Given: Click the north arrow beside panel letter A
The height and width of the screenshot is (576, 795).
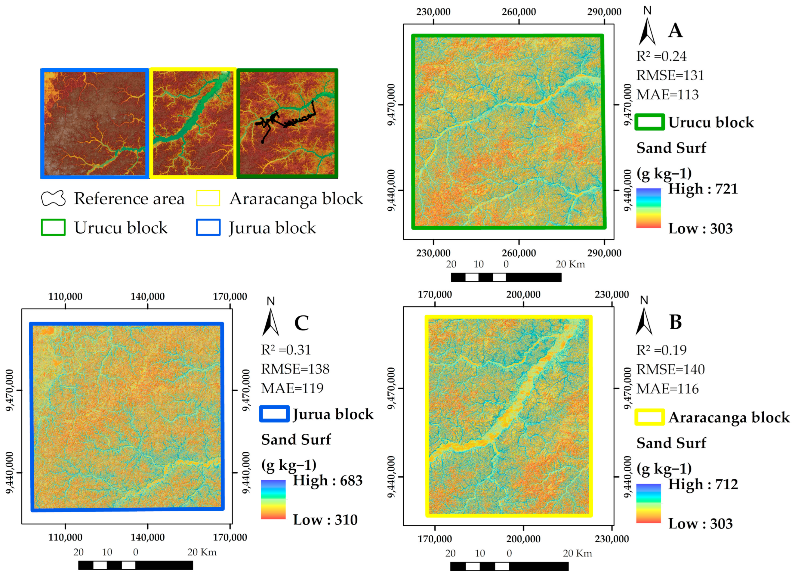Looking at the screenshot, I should tap(647, 32).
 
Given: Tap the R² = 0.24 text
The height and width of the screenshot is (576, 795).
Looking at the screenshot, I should tap(661, 57).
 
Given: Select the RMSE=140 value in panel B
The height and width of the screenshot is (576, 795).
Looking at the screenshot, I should tap(670, 369).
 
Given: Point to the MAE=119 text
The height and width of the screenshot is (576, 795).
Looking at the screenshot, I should tap(292, 388).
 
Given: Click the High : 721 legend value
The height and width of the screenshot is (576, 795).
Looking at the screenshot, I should tap(703, 189).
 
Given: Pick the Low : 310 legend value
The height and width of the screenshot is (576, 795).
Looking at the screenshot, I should tap(325, 520).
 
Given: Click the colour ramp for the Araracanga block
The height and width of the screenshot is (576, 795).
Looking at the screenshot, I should tap(648, 504).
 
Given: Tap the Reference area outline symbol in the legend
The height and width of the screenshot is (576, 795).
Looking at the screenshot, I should tap(53, 199).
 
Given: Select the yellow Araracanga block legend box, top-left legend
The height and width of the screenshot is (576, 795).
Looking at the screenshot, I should tap(208, 198).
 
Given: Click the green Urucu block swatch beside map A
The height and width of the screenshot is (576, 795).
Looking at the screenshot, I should tap(649, 122).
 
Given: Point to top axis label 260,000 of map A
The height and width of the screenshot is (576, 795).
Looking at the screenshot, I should tap(519, 12).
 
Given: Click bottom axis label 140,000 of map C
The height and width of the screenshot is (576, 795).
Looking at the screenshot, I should tap(148, 537).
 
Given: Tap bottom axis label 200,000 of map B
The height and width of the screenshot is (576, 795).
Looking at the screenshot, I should tap(523, 539).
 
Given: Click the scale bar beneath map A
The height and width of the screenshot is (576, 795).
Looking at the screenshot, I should tap(506, 277).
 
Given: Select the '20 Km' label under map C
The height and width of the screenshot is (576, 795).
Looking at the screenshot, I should tap(202, 553).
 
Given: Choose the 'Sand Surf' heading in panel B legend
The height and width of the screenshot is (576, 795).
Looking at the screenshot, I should tap(671, 443).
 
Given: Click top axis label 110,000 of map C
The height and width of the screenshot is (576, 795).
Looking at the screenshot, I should tap(65, 297).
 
